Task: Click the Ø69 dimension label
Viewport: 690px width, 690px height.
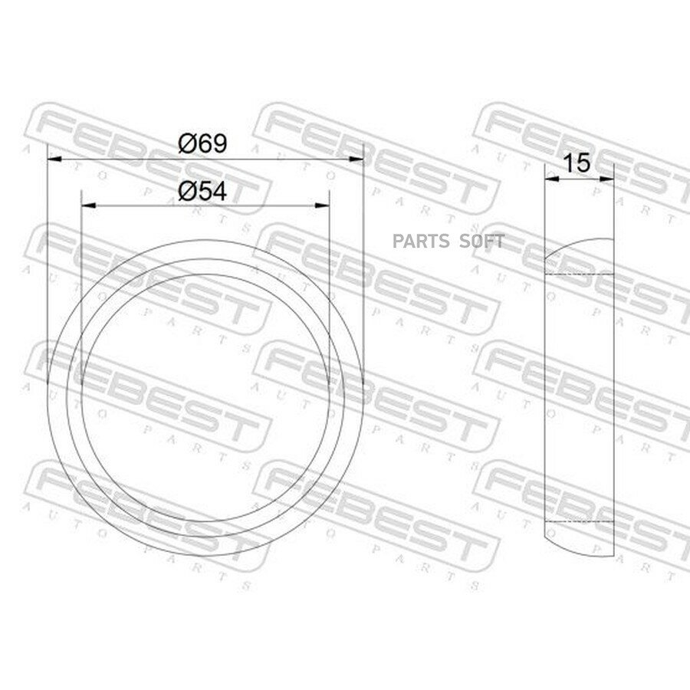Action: (x=203, y=143)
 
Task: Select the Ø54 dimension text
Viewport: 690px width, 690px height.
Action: (x=203, y=192)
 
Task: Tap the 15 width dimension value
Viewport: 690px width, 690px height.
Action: (x=577, y=163)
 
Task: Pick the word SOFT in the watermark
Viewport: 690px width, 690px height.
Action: (x=482, y=242)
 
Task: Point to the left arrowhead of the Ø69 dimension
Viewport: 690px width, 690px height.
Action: (x=54, y=159)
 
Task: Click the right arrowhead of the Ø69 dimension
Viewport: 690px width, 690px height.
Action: (x=356, y=159)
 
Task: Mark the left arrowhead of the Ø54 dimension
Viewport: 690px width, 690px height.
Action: (x=89, y=205)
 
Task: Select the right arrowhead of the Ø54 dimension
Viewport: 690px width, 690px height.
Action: (x=323, y=205)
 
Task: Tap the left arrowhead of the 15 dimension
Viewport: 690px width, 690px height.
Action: (x=552, y=179)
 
